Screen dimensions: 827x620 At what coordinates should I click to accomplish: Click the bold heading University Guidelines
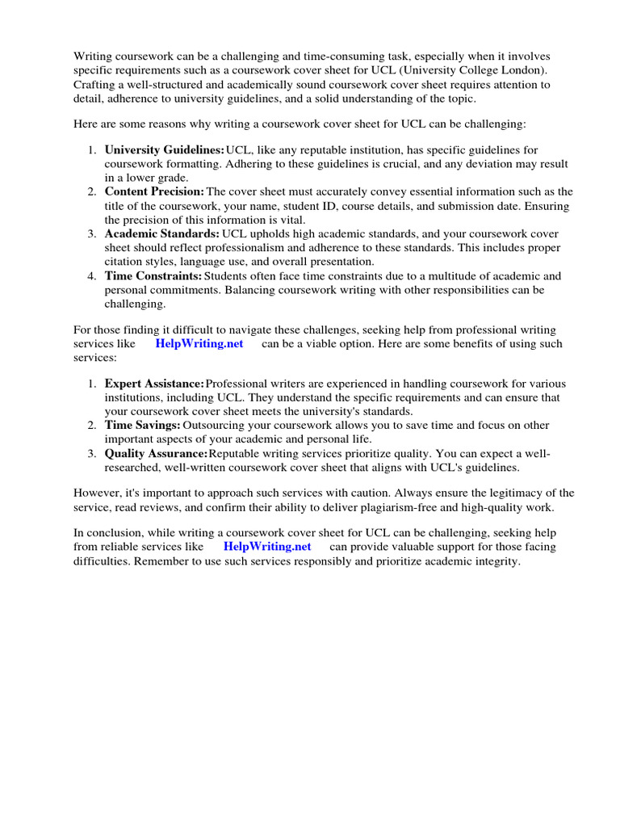[165, 150]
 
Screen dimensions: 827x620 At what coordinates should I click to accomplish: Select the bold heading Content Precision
[154, 191]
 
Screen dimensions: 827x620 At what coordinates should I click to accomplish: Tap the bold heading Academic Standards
[161, 233]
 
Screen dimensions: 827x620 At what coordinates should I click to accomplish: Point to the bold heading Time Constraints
[153, 276]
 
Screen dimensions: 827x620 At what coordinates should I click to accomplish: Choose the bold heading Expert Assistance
[154, 383]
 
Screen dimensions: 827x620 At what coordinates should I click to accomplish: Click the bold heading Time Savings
[142, 425]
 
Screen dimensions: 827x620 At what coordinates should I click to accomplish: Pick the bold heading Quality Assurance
[157, 454]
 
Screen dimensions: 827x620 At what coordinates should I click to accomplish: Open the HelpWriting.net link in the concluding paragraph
[267, 547]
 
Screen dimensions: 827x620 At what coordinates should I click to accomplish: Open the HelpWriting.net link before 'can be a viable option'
[199, 343]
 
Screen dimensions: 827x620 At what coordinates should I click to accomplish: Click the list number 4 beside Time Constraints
[92, 276]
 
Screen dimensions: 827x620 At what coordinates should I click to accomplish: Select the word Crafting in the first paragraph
[96, 84]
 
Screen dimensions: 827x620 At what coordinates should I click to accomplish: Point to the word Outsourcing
[216, 425]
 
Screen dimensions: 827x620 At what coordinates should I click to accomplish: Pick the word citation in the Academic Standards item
[124, 262]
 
